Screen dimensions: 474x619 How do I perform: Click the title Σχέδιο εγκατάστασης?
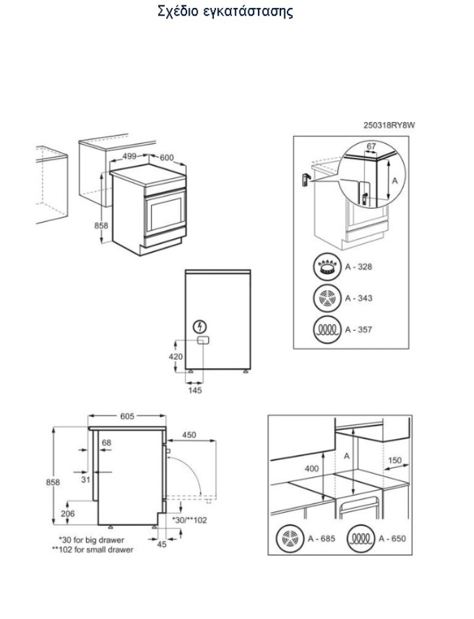point(225,11)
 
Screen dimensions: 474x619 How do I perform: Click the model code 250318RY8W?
point(389,125)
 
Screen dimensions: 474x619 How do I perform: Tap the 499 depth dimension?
point(129,156)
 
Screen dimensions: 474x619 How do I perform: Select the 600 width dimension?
point(167,158)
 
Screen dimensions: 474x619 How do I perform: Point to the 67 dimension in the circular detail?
point(372,146)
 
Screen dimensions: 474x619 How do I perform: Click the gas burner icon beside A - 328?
point(327,267)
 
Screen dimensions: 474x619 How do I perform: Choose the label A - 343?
point(358,298)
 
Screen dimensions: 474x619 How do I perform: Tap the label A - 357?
point(358,330)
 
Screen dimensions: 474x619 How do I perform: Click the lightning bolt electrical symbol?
point(200,326)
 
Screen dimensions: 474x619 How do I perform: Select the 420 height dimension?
point(176,356)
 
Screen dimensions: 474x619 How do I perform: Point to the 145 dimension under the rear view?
point(195,390)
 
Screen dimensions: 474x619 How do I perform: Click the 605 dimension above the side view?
point(127,416)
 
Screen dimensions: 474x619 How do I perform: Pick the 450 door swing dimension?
point(189,435)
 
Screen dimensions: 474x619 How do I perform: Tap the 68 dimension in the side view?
point(106,442)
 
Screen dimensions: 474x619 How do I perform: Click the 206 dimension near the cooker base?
point(68,513)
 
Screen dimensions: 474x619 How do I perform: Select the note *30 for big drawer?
point(91,540)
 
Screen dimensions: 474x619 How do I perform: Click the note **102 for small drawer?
point(93,549)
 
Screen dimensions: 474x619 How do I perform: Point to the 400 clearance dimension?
point(312,469)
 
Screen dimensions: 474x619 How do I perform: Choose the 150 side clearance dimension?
point(395,460)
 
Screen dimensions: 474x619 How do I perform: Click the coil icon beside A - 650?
point(360,538)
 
